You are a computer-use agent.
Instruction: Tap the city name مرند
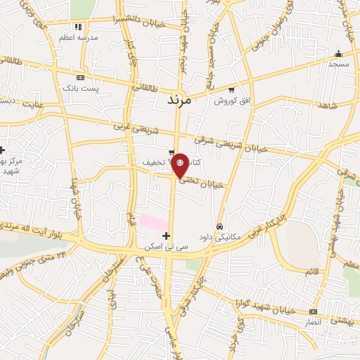(x=179, y=101)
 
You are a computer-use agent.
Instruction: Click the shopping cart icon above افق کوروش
(x=231, y=89)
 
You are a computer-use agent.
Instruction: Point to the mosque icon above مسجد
(x=338, y=53)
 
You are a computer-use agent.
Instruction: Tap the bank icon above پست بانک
(x=81, y=77)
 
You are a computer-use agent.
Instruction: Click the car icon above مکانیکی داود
(x=220, y=226)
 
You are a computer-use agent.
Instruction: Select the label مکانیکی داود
(x=220, y=237)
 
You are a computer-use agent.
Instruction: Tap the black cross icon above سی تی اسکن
(x=166, y=235)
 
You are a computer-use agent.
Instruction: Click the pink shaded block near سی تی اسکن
(x=153, y=222)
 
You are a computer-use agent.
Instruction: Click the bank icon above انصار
(x=313, y=311)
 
